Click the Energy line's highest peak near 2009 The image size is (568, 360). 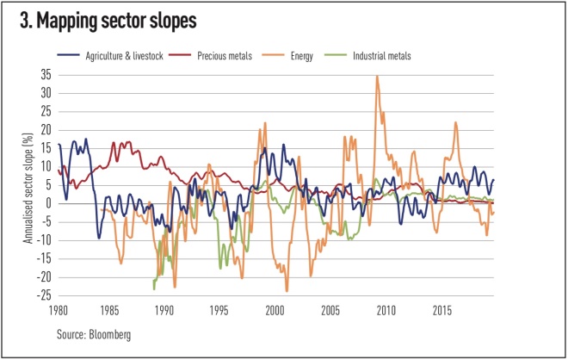(377, 76)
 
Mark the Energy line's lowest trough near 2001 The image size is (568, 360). (287, 291)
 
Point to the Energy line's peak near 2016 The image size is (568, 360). (455, 122)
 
